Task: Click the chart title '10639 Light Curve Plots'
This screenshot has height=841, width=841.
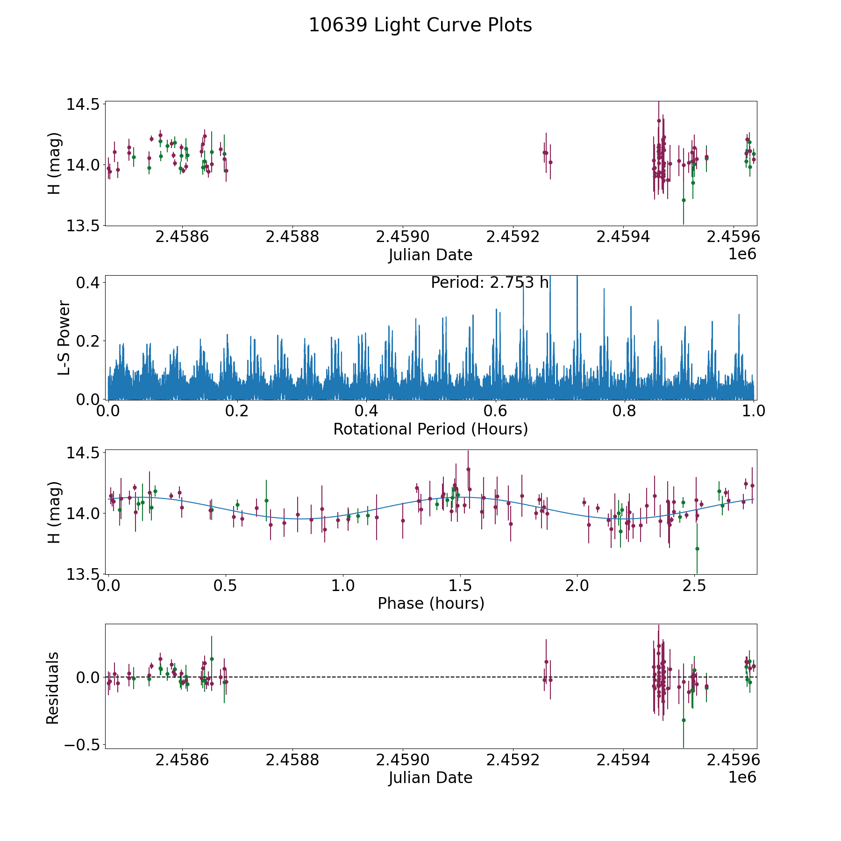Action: (x=420, y=26)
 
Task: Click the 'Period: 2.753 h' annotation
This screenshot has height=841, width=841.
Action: (x=489, y=283)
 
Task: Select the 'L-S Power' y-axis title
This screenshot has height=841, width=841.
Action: (x=64, y=338)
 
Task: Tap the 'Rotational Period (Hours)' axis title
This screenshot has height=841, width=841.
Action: (x=430, y=429)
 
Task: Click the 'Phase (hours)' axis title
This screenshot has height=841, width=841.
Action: (x=430, y=603)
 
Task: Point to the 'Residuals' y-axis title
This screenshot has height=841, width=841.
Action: (x=53, y=688)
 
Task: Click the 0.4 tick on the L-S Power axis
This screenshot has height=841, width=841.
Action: (x=88, y=283)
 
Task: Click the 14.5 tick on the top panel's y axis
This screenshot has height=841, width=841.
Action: (x=82, y=104)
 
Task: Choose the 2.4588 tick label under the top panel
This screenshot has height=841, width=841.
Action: (x=292, y=237)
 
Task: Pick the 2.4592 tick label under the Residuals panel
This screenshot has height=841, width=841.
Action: (x=513, y=760)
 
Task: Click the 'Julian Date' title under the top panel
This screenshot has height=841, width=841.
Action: (x=430, y=255)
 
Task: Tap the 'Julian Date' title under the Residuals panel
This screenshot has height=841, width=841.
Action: (x=430, y=778)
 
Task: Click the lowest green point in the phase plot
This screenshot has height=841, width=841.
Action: (x=697, y=549)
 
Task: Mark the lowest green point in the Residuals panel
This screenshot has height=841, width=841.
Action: (x=684, y=720)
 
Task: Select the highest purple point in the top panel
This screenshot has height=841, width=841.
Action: (x=659, y=121)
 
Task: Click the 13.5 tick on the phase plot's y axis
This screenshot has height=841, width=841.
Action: (x=82, y=574)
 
